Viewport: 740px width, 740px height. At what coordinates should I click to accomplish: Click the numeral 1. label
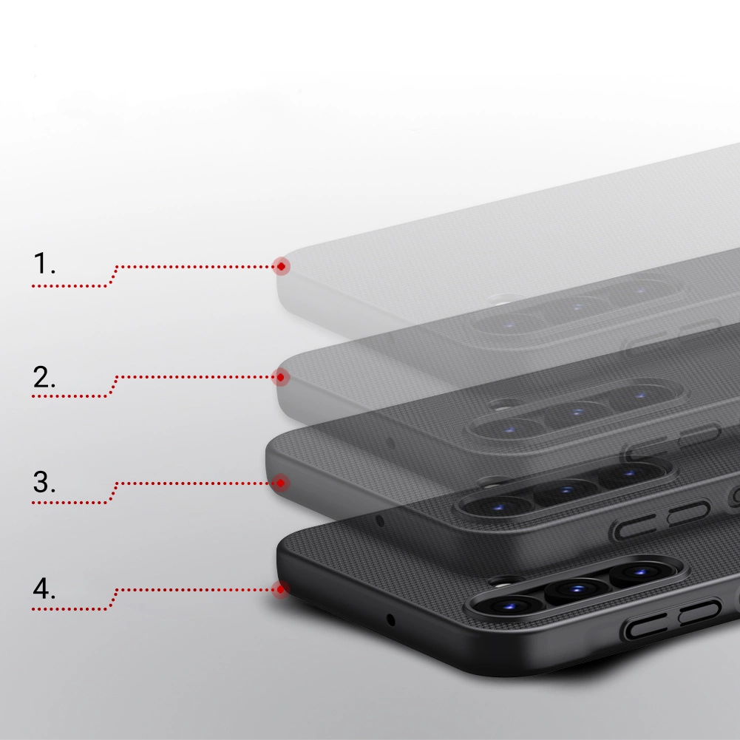pyautogui.click(x=44, y=263)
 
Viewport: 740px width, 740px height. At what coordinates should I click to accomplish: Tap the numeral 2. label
pyautogui.click(x=44, y=377)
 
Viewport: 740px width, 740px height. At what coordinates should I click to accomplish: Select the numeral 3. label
pyautogui.click(x=44, y=482)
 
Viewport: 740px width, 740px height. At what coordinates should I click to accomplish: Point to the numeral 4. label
pyautogui.click(x=44, y=589)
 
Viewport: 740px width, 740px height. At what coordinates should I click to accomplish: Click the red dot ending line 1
pyautogui.click(x=281, y=267)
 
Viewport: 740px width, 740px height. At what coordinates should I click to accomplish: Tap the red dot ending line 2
pyautogui.click(x=280, y=377)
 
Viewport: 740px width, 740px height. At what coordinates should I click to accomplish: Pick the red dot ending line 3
pyautogui.click(x=280, y=483)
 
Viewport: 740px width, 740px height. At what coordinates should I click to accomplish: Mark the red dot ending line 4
pyautogui.click(x=280, y=589)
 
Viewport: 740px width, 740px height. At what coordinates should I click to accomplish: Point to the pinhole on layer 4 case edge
pyautogui.click(x=391, y=620)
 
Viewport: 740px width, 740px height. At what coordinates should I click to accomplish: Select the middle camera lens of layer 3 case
pyautogui.click(x=566, y=491)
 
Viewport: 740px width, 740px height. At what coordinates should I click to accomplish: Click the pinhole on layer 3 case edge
pyautogui.click(x=380, y=520)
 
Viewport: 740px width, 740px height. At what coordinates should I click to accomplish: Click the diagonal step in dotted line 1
pyautogui.click(x=112, y=276)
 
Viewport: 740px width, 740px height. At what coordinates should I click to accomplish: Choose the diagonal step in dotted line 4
pyautogui.click(x=112, y=600)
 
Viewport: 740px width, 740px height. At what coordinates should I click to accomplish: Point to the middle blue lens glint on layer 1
pyautogui.click(x=577, y=308)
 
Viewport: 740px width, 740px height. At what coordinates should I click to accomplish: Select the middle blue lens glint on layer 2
pyautogui.click(x=577, y=412)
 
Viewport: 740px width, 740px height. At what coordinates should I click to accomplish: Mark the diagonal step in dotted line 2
pyautogui.click(x=112, y=387)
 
